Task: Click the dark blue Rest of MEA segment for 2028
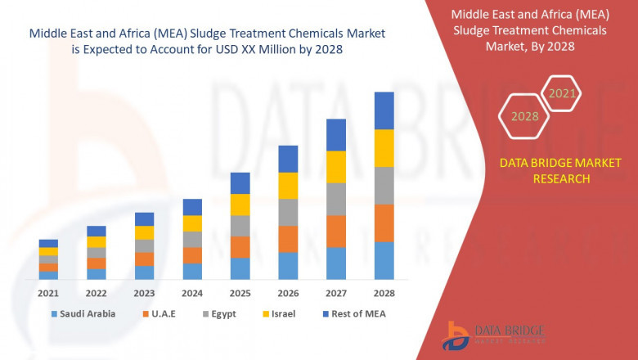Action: pos(384,110)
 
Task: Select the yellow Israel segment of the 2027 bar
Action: pos(336,167)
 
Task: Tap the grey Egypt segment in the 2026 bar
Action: pos(288,212)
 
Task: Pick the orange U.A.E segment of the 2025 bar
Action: pos(240,247)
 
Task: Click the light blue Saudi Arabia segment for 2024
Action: pos(192,271)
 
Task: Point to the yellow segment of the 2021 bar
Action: pos(48,251)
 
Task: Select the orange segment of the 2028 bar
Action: pos(384,223)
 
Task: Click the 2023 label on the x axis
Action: pos(144,293)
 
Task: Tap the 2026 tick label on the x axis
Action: pos(288,293)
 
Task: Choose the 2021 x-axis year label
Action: pos(48,293)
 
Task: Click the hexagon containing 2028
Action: pos(525,116)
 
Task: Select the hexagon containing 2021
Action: pos(562,93)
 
